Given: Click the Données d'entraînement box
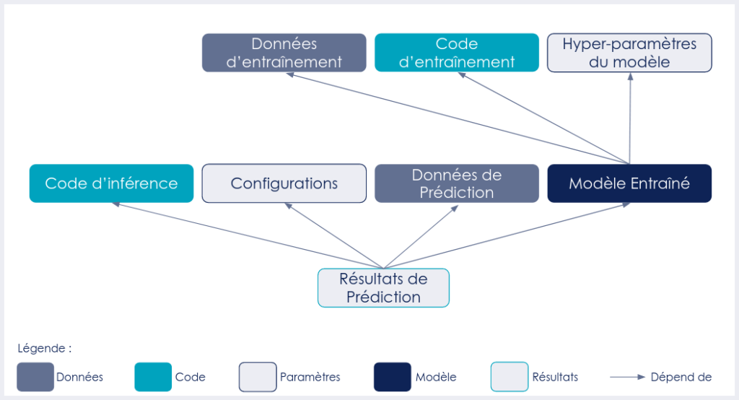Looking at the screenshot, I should pyautogui.click(x=284, y=53).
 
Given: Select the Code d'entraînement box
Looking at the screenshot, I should pyautogui.click(x=457, y=53).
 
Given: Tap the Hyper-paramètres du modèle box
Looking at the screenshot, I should pyautogui.click(x=629, y=53).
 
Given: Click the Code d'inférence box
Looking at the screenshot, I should pyautogui.click(x=111, y=183).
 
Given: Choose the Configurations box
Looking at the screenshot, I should pyautogui.click(x=284, y=183).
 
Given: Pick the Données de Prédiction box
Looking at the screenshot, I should pyautogui.click(x=457, y=183).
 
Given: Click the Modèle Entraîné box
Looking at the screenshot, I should pyautogui.click(x=629, y=183).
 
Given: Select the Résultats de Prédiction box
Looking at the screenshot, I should pyautogui.click(x=383, y=287).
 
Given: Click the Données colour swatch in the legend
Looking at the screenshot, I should pyautogui.click(x=35, y=377).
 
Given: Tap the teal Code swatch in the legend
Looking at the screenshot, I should pyautogui.click(x=153, y=377).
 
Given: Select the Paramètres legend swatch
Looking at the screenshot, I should pyautogui.click(x=258, y=377).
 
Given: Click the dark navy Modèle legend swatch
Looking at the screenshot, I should pyautogui.click(x=392, y=377).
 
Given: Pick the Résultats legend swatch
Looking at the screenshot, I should pyautogui.click(x=510, y=377).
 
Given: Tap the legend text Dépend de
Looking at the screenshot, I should pyautogui.click(x=681, y=377).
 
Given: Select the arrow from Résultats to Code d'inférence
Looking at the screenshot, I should pyautogui.click(x=245, y=235).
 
